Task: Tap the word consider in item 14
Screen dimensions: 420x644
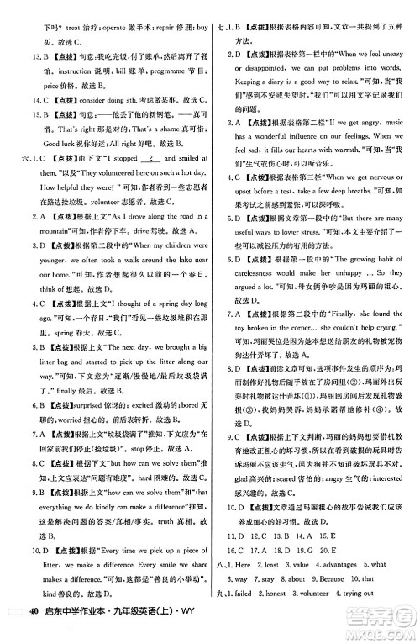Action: coord(92,113)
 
